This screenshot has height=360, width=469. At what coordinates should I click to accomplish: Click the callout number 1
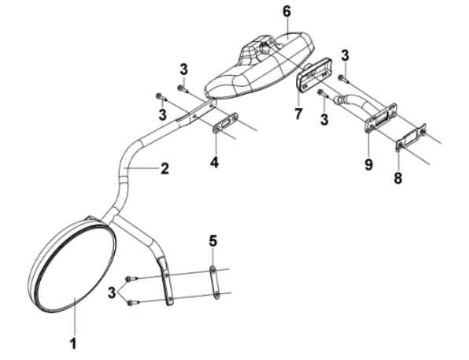pyautogui.click(x=72, y=343)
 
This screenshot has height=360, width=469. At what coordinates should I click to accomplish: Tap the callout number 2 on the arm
pyautogui.click(x=164, y=168)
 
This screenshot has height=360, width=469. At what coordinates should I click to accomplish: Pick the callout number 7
pyautogui.click(x=298, y=114)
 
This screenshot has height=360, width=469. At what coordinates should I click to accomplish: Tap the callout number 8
pyautogui.click(x=398, y=178)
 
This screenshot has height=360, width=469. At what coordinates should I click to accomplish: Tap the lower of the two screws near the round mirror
pyautogui.click(x=133, y=302)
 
